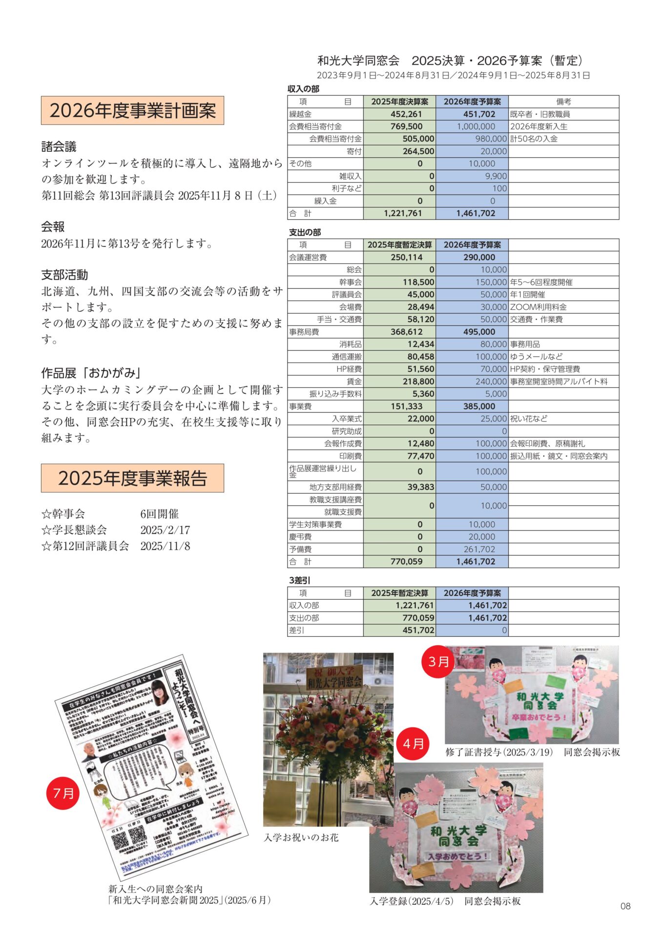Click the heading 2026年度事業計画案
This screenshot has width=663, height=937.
coord(132,111)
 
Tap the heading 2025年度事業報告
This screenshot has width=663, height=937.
coord(132,478)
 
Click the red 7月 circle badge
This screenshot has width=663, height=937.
coord(63,793)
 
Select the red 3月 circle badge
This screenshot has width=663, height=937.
coord(438,662)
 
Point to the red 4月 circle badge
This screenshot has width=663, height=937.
coord(413,744)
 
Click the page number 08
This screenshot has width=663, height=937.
coord(625,906)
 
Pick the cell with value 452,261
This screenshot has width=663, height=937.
coord(406,114)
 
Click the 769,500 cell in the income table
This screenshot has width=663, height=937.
coord(406,126)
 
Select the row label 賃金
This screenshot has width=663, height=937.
coord(354,382)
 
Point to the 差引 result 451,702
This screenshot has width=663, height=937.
coord(418,630)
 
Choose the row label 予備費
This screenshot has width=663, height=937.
coord(300,549)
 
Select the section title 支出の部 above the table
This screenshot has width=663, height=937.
coord(305,232)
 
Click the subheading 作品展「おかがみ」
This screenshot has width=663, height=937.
coord(92,373)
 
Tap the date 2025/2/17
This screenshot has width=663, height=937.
coord(165,530)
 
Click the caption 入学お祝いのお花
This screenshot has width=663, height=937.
coord(301,837)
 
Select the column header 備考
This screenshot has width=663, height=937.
coord(563,102)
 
